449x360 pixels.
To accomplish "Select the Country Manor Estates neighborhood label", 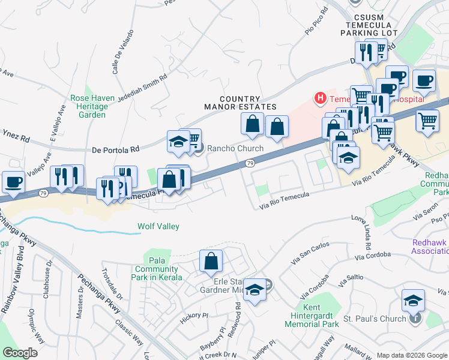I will click(x=232, y=103).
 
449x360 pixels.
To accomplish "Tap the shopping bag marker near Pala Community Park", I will click(x=211, y=261).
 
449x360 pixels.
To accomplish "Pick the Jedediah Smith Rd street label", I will click(x=143, y=86).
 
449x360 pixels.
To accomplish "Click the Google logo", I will click(x=20, y=353).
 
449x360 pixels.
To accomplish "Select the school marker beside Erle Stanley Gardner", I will click(x=255, y=292).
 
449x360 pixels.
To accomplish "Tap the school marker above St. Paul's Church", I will click(x=413, y=300).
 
